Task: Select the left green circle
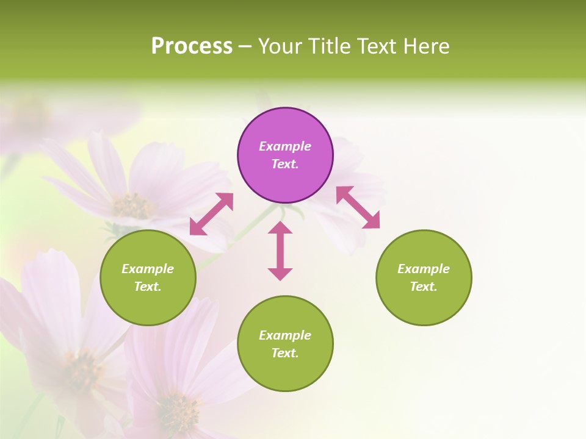(x=148, y=277)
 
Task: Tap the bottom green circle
(x=285, y=344)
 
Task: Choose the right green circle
(x=424, y=277)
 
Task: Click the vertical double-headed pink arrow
(x=280, y=251)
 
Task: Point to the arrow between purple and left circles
(x=211, y=214)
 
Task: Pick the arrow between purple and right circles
(x=358, y=207)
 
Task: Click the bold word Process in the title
(x=192, y=46)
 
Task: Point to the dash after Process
(x=245, y=46)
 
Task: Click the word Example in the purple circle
(x=285, y=146)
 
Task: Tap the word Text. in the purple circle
(x=285, y=164)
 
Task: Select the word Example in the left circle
(x=148, y=269)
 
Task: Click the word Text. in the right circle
(x=424, y=287)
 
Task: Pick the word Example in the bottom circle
(x=285, y=335)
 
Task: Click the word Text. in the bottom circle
(x=285, y=353)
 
